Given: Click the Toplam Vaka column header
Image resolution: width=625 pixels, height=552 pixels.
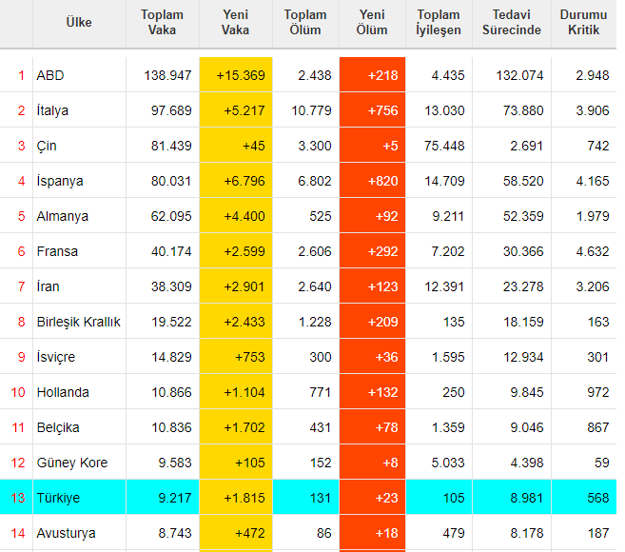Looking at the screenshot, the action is pyautogui.click(x=163, y=22).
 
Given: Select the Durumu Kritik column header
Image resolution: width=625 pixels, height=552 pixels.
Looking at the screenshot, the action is pyautogui.click(x=583, y=22).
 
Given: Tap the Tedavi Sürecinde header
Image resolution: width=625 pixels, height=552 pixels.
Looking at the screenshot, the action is pyautogui.click(x=512, y=22).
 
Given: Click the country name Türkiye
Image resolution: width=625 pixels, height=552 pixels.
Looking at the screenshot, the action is pyautogui.click(x=58, y=498).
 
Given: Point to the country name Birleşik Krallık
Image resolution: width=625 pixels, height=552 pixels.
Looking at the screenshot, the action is pyautogui.click(x=79, y=322).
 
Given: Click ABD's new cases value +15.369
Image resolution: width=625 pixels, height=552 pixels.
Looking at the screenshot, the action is pyautogui.click(x=241, y=75).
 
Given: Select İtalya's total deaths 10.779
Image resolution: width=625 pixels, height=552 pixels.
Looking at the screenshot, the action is pyautogui.click(x=311, y=110).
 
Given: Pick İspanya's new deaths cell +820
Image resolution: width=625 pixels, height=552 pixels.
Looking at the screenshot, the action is pyautogui.click(x=382, y=181).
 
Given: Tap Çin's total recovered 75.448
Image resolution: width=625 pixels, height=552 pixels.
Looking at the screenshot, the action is pyautogui.click(x=444, y=146).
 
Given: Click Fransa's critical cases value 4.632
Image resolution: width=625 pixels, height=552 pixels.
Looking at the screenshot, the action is pyautogui.click(x=593, y=251).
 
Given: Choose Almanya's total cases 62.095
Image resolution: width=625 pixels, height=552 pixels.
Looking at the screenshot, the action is pyautogui.click(x=171, y=216).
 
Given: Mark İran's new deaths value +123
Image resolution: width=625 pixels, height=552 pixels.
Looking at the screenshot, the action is pyautogui.click(x=382, y=286).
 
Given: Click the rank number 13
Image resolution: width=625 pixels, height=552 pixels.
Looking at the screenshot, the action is pyautogui.click(x=18, y=498).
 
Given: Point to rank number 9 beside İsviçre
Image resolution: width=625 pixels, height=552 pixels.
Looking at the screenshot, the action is pyautogui.click(x=22, y=357).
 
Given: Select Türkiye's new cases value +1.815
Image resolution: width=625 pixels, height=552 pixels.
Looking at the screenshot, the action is pyautogui.click(x=244, y=498).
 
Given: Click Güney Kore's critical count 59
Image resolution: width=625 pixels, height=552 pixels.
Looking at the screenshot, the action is pyautogui.click(x=602, y=463).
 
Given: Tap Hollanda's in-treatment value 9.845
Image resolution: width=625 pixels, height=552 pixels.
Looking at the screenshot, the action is pyautogui.click(x=527, y=392).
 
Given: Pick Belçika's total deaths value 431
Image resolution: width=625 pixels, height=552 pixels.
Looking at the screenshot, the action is pyautogui.click(x=321, y=427).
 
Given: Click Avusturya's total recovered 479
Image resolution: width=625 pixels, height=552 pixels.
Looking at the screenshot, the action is pyautogui.click(x=454, y=533).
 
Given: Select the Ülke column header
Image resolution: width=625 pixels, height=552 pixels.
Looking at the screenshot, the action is pyautogui.click(x=79, y=22).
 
